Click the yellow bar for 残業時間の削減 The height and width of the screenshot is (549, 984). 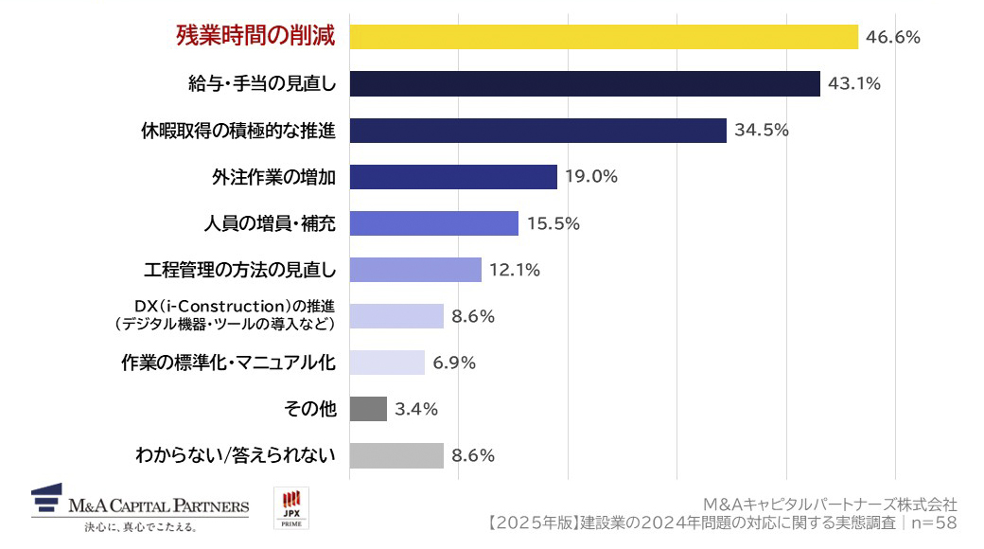(604, 37)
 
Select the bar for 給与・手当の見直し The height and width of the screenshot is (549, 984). (585, 83)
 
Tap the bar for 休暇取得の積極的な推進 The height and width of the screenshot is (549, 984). (537, 130)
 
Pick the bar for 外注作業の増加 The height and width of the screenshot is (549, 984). (453, 177)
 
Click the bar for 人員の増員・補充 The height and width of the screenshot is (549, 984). (433, 223)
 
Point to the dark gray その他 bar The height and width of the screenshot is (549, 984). (368, 409)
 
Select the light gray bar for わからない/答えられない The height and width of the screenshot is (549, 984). (396, 455)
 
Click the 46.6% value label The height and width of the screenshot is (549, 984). (893, 37)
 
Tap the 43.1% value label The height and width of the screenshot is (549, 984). (854, 83)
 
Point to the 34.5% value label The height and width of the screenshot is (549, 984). (762, 130)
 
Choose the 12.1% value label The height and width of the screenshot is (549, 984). (515, 270)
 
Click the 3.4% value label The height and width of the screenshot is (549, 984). (416, 409)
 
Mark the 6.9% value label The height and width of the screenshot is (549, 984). (454, 363)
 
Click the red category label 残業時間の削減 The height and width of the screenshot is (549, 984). (256, 36)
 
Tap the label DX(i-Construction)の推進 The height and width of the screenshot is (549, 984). (237, 309)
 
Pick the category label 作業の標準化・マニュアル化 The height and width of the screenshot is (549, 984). (229, 363)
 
